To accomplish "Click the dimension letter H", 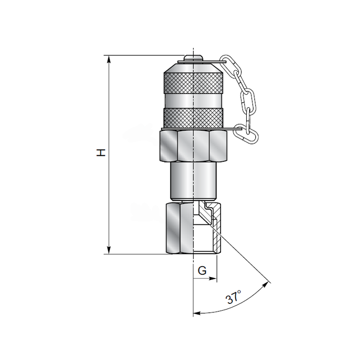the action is [101, 152].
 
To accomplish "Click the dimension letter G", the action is [202, 270].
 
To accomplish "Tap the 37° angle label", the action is [233, 297].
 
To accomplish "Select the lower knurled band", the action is [193, 118].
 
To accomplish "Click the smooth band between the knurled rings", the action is [193, 101].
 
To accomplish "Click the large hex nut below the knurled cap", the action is [193, 146].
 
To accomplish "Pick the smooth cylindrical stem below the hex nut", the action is [193, 181].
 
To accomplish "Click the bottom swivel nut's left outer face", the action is [173, 229].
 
